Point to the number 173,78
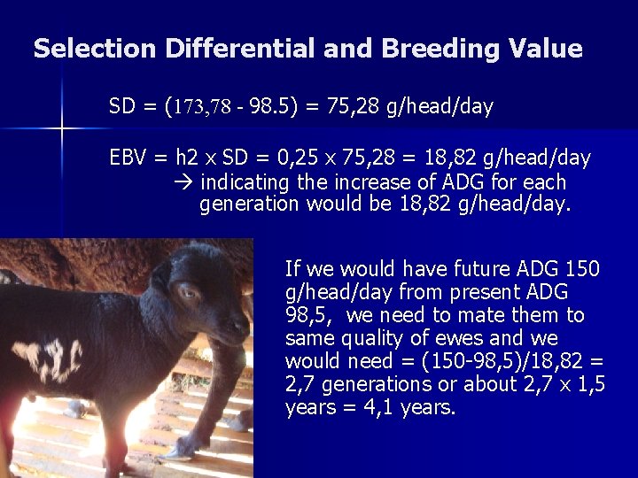[x=203, y=108]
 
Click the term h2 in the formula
[x=187, y=158]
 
